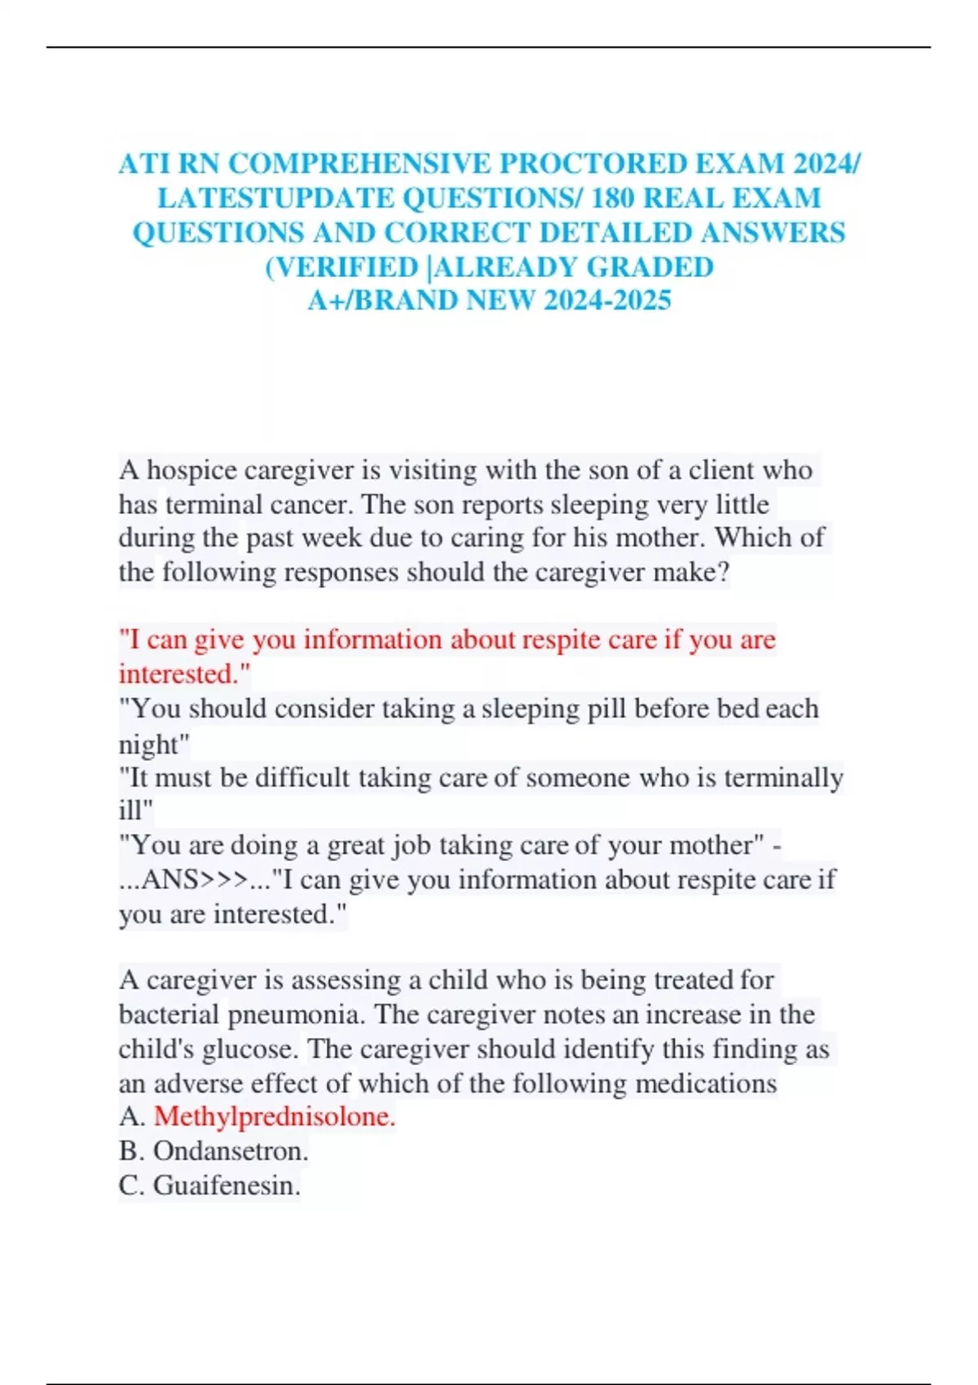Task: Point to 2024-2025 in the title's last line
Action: [x=607, y=301]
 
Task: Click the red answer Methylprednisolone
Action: [x=274, y=1117]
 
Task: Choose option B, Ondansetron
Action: [x=231, y=1151]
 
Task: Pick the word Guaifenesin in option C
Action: [x=227, y=1185]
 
